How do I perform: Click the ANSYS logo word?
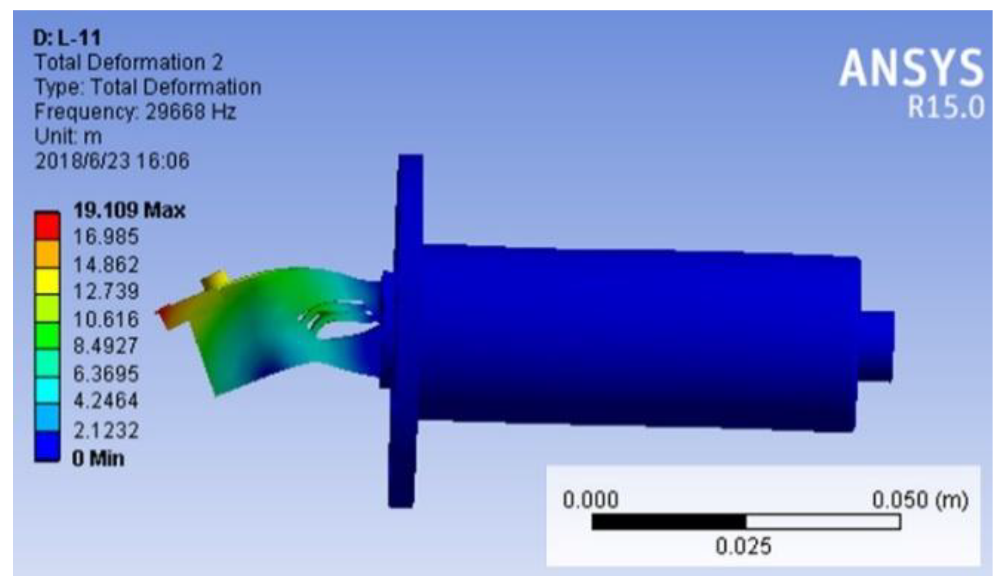[x=912, y=68]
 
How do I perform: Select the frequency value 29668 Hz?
[x=190, y=112]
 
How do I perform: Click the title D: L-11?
[x=67, y=38]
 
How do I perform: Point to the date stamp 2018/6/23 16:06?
[x=112, y=161]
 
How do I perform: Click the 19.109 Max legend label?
[x=129, y=211]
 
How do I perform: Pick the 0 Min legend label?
[x=98, y=459]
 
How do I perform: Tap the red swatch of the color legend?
[x=47, y=225]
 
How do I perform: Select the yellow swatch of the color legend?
[x=47, y=281]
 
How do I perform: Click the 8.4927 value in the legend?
[x=106, y=346]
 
